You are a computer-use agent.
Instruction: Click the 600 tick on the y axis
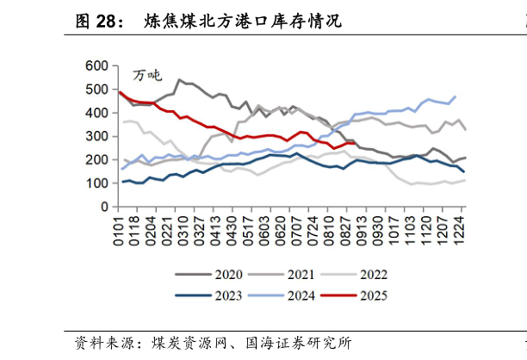point(96,66)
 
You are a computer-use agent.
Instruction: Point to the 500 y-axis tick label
point(96,90)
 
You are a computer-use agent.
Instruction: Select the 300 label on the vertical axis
point(96,137)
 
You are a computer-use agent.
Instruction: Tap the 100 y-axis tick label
point(96,183)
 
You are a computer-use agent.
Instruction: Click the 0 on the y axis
point(103,208)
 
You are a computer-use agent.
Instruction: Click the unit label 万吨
point(147,77)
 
